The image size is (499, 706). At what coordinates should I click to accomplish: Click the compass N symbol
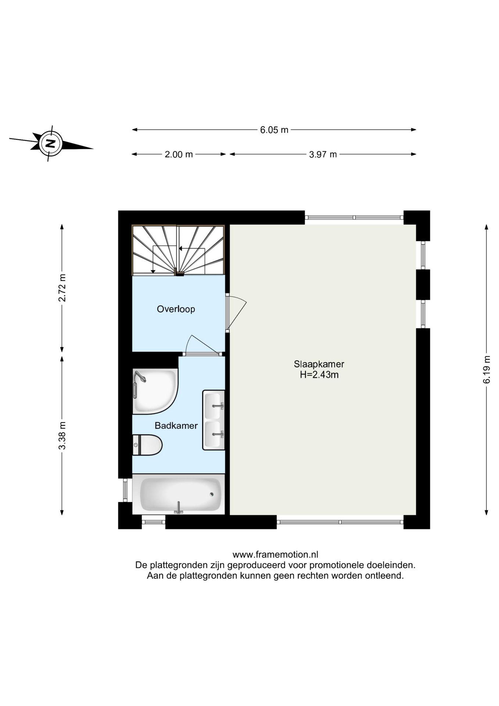[x=51, y=143]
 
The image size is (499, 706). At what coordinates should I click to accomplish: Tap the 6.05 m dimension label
[x=274, y=130]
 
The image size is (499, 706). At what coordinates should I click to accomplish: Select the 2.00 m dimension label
[x=179, y=154]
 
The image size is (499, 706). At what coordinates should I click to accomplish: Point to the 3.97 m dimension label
[x=323, y=154]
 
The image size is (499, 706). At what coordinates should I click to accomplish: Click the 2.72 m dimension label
[x=62, y=288]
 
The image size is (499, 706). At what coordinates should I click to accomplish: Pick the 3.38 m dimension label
[x=62, y=435]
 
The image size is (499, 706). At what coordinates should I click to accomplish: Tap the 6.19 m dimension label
[x=487, y=369]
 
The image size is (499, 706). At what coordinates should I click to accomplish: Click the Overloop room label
[x=176, y=309]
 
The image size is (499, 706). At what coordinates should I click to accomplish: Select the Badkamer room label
[x=176, y=426]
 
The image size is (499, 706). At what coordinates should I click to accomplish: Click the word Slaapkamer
[x=319, y=364]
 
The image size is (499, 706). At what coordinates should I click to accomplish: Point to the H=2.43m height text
[x=319, y=375]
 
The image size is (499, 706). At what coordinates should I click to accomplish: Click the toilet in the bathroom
[x=147, y=445]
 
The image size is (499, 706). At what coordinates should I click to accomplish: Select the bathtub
[x=179, y=494]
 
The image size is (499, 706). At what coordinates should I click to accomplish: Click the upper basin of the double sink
[x=214, y=406]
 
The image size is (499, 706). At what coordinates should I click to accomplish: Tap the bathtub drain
[x=211, y=494]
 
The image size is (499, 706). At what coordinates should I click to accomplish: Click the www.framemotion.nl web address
[x=275, y=555]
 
